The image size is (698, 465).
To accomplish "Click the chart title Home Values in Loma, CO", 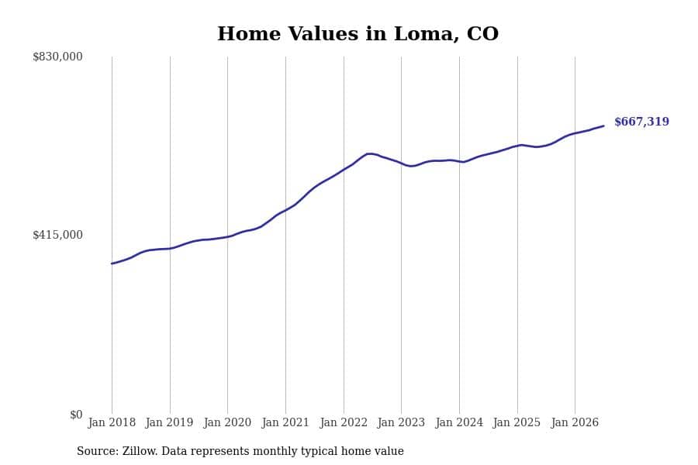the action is pyautogui.click(x=358, y=34).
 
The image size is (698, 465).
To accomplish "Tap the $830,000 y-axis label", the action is pyautogui.click(x=57, y=57).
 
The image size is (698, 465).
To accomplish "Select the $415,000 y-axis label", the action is pyautogui.click(x=57, y=235).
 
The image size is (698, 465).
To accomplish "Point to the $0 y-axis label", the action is pyautogui.click(x=76, y=415).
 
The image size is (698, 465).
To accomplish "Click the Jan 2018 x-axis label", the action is pyautogui.click(x=112, y=422).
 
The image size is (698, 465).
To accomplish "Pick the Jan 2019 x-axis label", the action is pyautogui.click(x=169, y=422).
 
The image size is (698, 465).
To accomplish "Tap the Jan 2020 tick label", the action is pyautogui.click(x=227, y=422).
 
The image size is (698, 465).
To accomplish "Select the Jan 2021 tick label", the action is pyautogui.click(x=285, y=422).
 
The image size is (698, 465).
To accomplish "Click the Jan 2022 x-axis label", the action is pyautogui.click(x=344, y=422).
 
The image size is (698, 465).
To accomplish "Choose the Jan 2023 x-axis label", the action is pyautogui.click(x=401, y=422).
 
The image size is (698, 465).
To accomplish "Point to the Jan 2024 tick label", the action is pyautogui.click(x=459, y=422).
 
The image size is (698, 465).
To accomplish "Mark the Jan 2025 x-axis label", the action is pyautogui.click(x=517, y=422).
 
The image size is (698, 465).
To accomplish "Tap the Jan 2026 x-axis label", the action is pyautogui.click(x=575, y=422).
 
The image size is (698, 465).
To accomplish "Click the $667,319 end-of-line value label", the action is pyautogui.click(x=641, y=122).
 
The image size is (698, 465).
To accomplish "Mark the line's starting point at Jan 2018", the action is pyautogui.click(x=112, y=263).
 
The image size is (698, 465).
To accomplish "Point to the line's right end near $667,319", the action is pyautogui.click(x=603, y=126).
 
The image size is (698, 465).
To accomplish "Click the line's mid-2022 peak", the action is pyautogui.click(x=368, y=153).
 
